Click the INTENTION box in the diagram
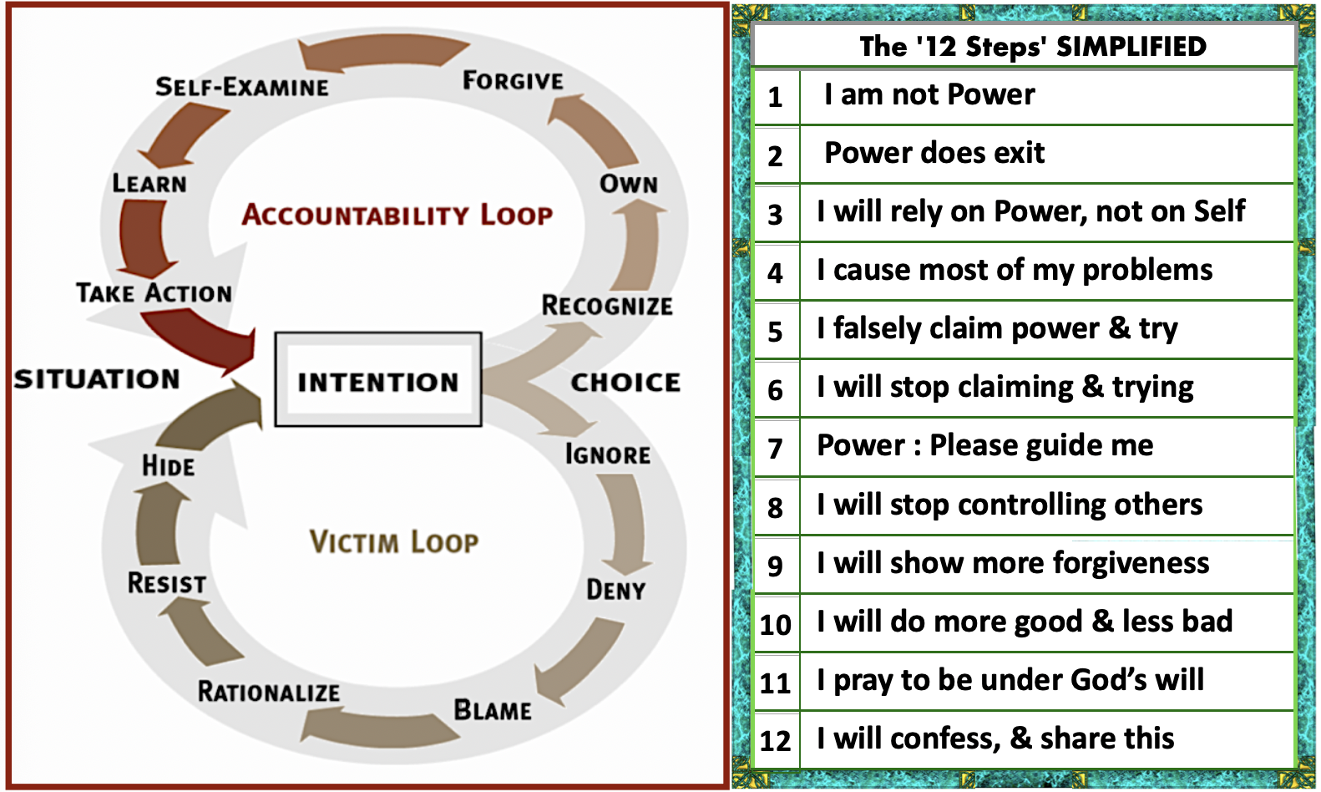(377, 381)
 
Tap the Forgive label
(513, 81)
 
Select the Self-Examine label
(242, 87)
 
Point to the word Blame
(493, 710)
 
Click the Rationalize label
(269, 692)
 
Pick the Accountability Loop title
(397, 215)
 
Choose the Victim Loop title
(394, 541)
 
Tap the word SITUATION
(97, 379)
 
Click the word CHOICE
(625, 382)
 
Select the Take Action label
(154, 292)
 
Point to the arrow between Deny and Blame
(580, 660)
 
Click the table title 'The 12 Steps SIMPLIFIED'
(1033, 46)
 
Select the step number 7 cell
(776, 449)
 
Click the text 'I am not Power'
(929, 94)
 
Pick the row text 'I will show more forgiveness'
(1013, 563)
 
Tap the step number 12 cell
(776, 740)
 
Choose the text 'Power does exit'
(934, 153)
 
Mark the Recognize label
(607, 306)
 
